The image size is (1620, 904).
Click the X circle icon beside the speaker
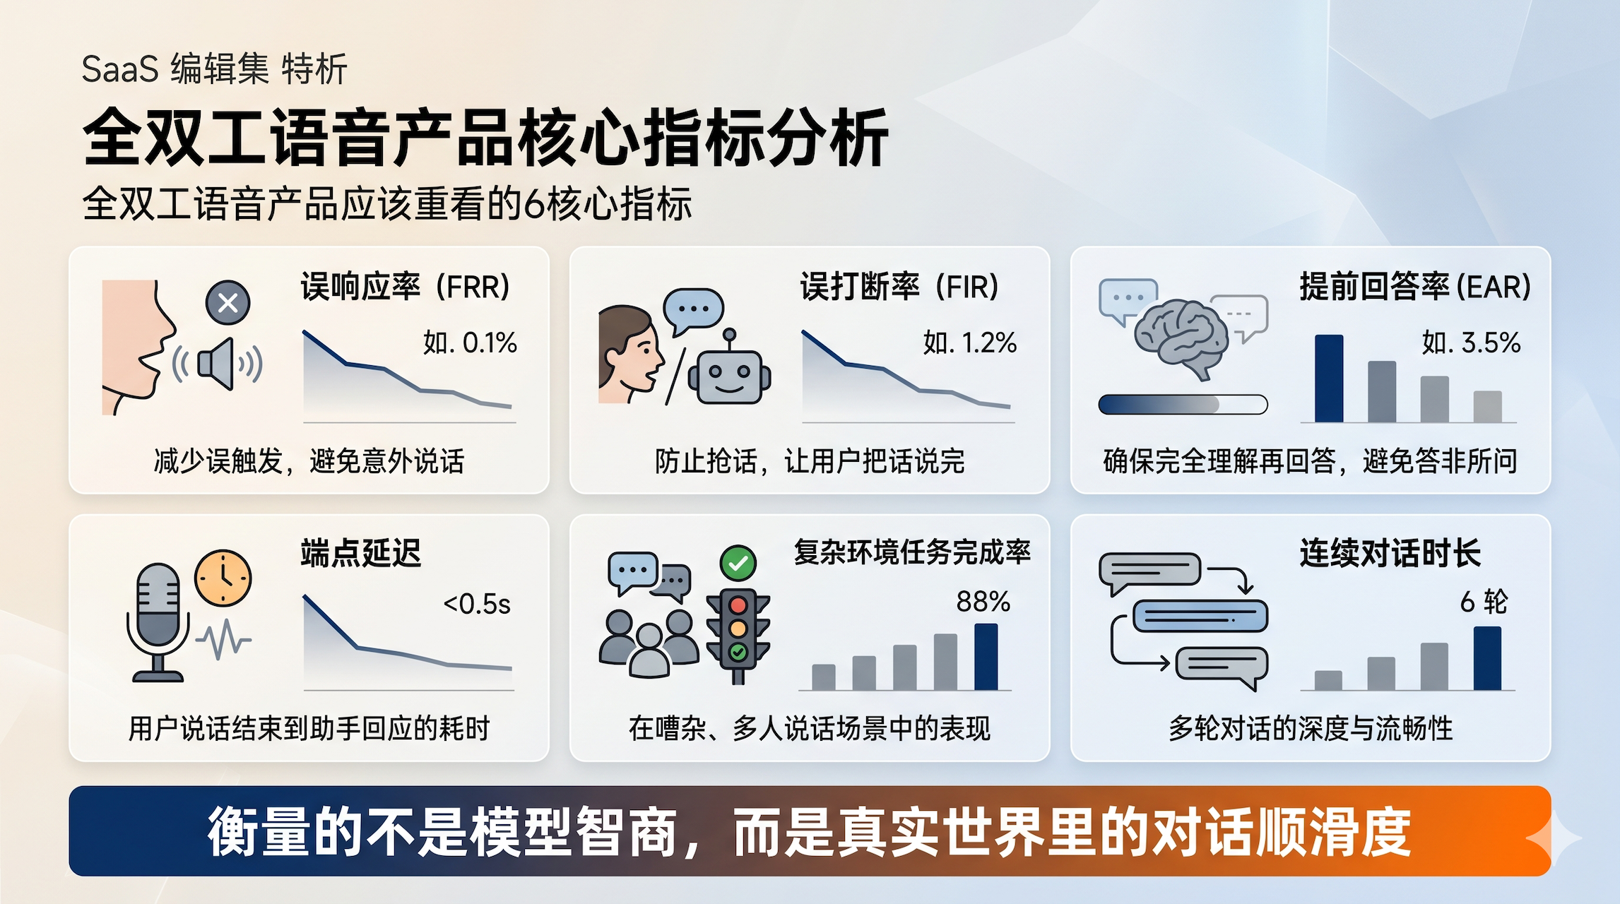227,303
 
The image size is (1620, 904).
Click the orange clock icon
223,578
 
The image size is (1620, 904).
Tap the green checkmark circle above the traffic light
738,564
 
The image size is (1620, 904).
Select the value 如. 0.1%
470,343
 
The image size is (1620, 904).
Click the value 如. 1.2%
969,343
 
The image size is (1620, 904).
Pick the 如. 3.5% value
1471,343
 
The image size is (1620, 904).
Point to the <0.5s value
477,605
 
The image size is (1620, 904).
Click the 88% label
983,602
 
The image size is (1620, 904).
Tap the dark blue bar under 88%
986,657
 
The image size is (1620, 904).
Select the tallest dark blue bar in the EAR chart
1329,379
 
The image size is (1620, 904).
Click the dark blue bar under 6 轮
1487,658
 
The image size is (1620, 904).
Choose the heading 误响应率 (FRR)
406,287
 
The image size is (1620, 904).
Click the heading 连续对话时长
1390,553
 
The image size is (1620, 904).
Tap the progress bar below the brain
1183,405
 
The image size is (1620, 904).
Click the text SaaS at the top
119,70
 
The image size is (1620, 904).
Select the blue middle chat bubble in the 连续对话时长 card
1200,616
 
